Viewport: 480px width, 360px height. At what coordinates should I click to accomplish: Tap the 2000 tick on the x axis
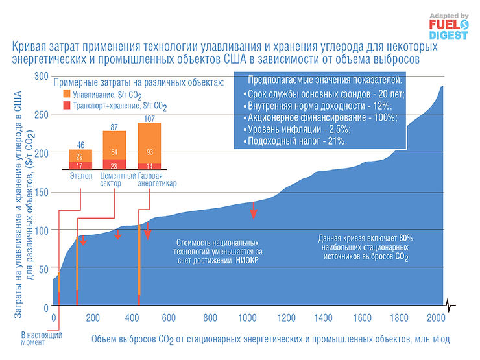tap(437, 318)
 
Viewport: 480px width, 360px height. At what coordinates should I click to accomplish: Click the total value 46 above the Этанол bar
tap(80, 144)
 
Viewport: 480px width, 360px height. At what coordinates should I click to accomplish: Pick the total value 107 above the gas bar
tap(150, 118)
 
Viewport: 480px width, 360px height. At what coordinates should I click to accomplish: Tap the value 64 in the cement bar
tap(114, 152)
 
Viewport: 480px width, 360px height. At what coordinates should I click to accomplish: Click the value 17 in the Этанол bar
tap(80, 166)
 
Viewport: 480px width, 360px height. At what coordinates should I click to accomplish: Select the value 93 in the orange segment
tap(150, 152)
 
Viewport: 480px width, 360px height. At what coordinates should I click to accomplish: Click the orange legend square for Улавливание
tap(66, 93)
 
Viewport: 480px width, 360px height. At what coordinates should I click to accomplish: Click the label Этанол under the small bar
tap(80, 175)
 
